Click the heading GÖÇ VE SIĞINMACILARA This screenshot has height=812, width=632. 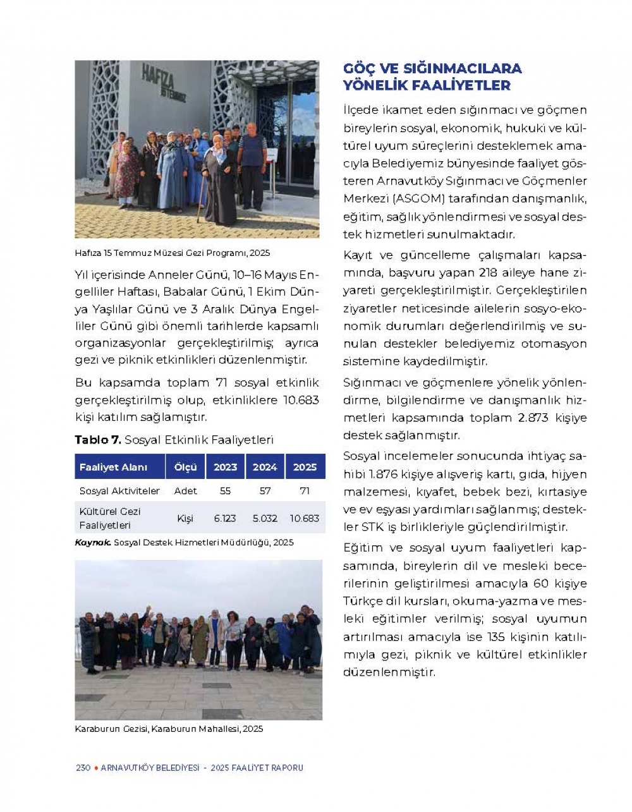[x=432, y=68]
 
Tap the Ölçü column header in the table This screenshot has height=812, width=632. [x=185, y=467]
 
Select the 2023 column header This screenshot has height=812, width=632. [x=225, y=467]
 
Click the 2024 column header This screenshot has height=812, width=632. [x=265, y=467]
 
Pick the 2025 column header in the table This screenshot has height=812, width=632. [x=305, y=467]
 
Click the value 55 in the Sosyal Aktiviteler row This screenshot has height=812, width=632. [x=225, y=491]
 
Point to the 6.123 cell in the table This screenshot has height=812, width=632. [x=225, y=518]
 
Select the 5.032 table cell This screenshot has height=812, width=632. [x=265, y=518]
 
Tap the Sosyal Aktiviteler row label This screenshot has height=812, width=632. [x=119, y=491]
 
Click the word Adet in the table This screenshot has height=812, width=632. [x=185, y=491]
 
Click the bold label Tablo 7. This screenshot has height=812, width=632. [x=97, y=440]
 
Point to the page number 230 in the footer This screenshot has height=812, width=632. [x=83, y=768]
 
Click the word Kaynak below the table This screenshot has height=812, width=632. [x=92, y=542]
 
